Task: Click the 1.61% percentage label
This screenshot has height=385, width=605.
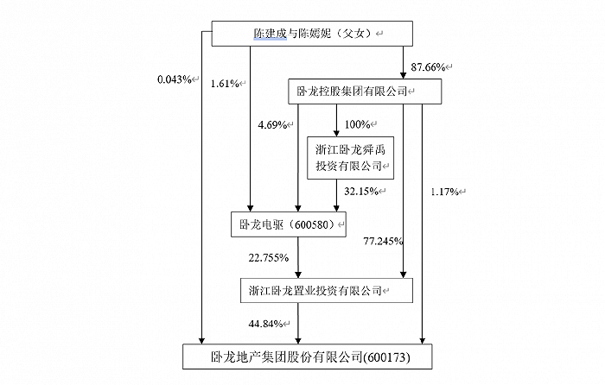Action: [226, 84]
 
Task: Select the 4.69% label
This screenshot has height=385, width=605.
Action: [274, 124]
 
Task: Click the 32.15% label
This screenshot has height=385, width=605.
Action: [360, 191]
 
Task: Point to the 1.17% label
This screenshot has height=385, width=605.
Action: [448, 191]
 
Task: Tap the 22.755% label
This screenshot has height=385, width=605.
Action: [268, 258]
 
